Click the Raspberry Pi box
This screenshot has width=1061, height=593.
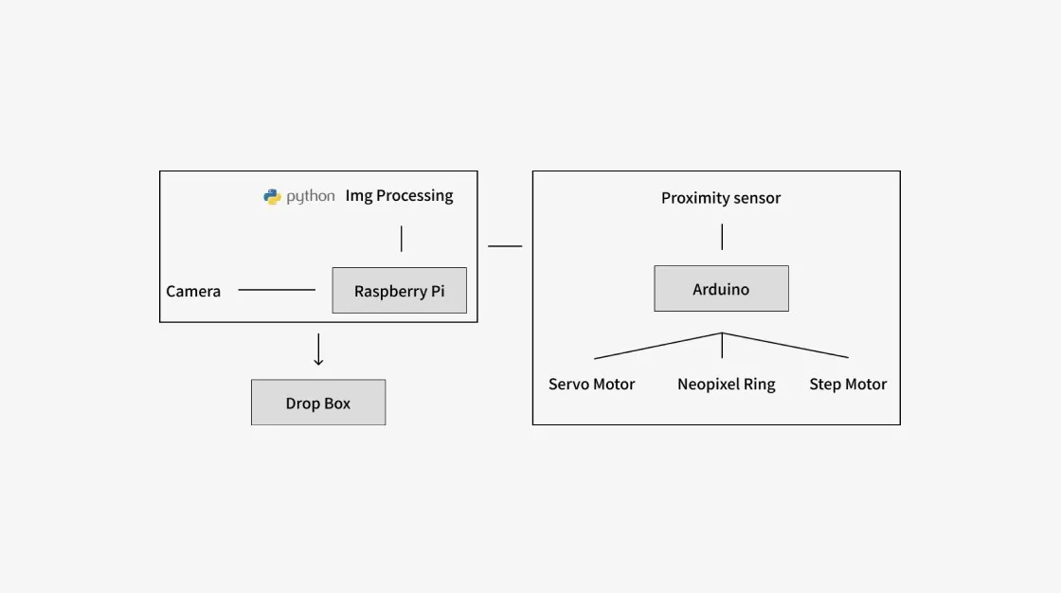[x=399, y=291]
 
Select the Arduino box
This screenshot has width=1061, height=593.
[x=721, y=288]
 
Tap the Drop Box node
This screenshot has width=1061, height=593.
[x=318, y=402]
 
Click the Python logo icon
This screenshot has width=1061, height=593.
[x=272, y=196]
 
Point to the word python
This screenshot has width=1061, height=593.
[x=311, y=196]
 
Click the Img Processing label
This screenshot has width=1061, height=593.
[x=399, y=196]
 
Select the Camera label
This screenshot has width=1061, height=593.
[x=193, y=291]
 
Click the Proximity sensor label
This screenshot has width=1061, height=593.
[x=721, y=198]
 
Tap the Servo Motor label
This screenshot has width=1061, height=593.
[x=591, y=384]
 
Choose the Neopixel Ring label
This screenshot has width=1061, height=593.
[x=726, y=385]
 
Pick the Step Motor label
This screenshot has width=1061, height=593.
[x=848, y=384]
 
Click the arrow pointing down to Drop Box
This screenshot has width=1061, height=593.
[x=318, y=350]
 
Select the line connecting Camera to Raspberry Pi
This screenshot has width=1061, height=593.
[x=277, y=290]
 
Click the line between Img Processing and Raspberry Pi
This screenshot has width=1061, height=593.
[x=402, y=239]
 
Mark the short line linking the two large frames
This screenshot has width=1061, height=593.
[x=505, y=245]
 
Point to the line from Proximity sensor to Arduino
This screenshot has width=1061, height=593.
[x=722, y=237]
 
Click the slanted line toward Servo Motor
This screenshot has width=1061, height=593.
[x=657, y=346]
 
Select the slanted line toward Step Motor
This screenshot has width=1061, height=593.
[x=785, y=345]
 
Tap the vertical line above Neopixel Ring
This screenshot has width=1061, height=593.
[x=722, y=345]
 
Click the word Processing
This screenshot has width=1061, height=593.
[x=415, y=196]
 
